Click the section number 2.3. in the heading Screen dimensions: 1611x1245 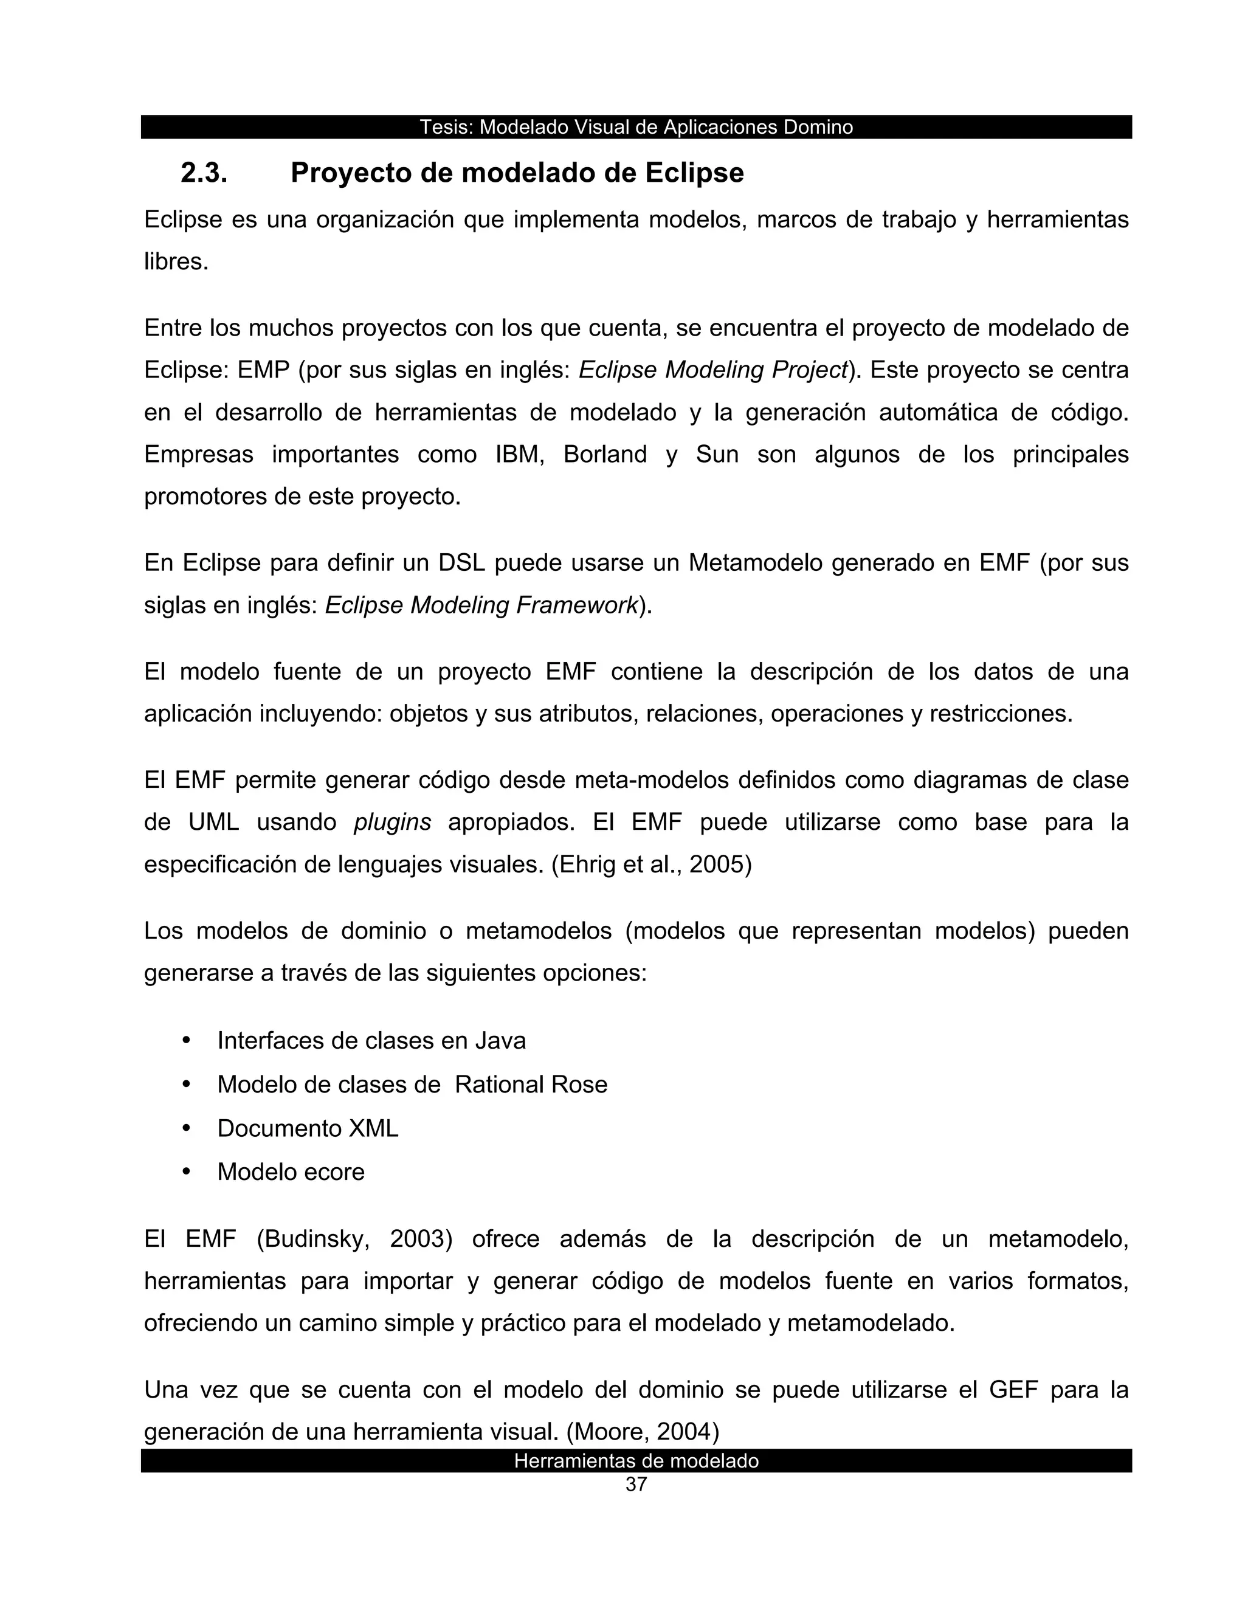(204, 173)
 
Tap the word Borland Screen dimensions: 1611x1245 (605, 454)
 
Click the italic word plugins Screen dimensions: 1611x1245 (392, 822)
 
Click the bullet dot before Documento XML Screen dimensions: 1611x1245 (187, 1128)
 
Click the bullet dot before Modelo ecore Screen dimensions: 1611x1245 (187, 1171)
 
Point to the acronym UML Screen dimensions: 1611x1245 (214, 822)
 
